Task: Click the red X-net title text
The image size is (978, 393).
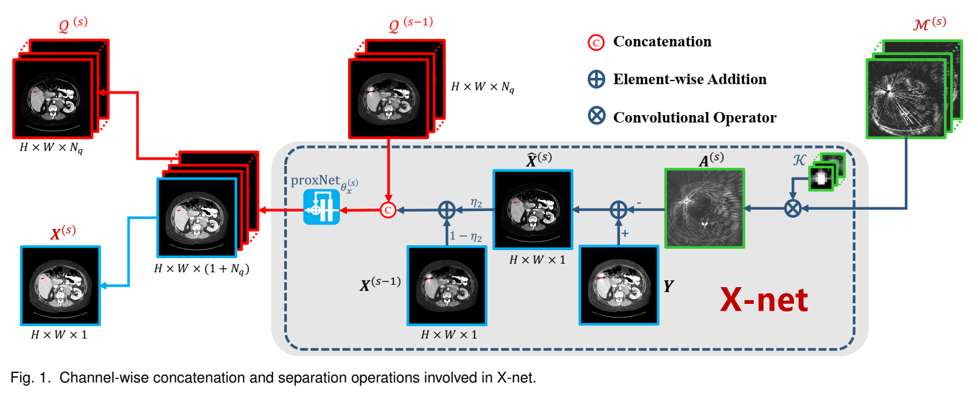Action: pos(763,300)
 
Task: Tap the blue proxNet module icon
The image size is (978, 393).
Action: pos(321,207)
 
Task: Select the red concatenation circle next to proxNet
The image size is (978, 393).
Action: pos(388,210)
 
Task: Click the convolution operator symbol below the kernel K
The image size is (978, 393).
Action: pos(793,209)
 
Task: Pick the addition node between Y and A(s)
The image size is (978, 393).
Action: pos(618,210)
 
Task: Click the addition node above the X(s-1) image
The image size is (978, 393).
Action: pos(447,210)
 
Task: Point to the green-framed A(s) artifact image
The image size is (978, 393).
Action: pos(704,209)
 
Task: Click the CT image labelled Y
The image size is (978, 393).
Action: pos(619,285)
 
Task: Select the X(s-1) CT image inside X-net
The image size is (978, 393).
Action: pos(447,285)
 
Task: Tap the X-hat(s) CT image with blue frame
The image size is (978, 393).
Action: pos(533,210)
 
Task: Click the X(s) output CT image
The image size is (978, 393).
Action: pos(60,285)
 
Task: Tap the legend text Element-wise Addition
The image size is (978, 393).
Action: pos(689,79)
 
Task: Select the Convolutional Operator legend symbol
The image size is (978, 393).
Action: pos(596,116)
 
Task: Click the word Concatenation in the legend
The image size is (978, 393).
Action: pos(661,41)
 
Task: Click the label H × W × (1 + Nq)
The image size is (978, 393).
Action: pos(201,269)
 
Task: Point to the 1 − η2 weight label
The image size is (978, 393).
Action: pos(466,236)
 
